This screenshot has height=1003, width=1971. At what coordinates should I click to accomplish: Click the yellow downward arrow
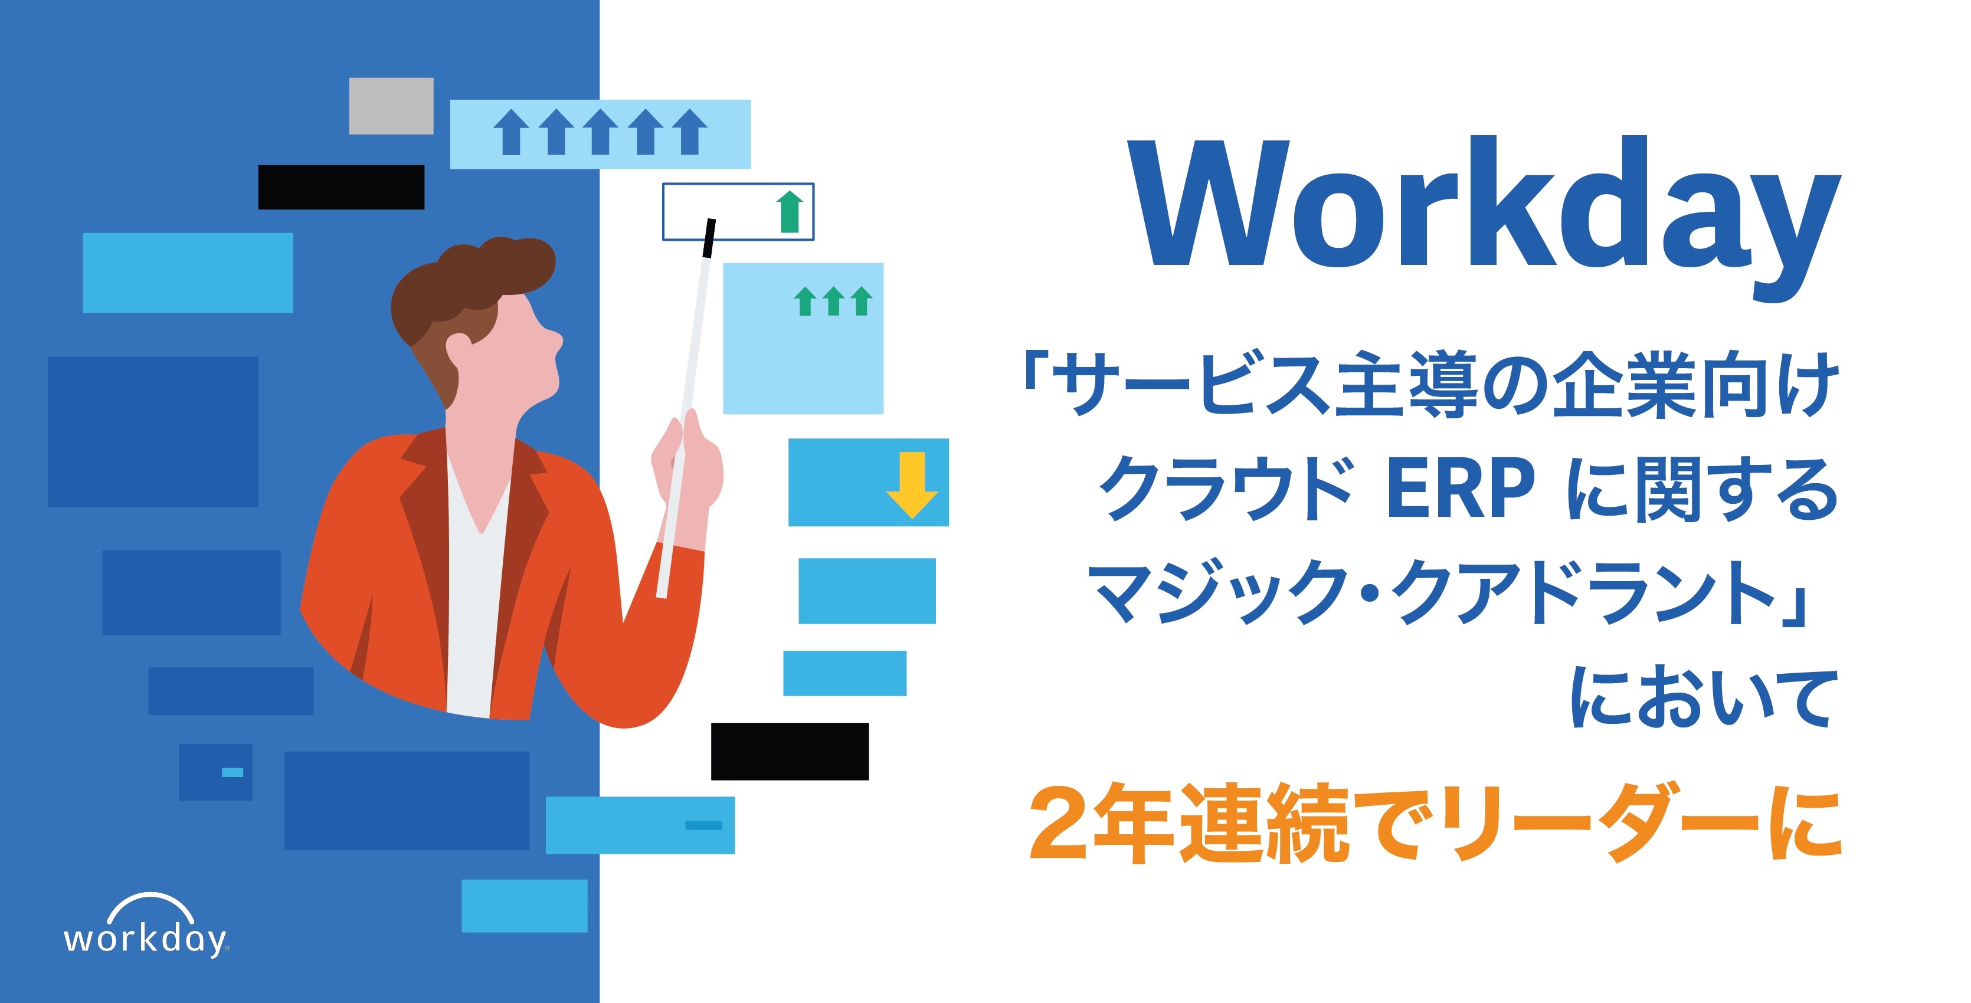click(912, 485)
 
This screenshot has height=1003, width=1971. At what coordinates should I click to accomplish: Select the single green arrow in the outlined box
click(790, 211)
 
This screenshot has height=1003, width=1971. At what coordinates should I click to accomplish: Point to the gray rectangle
click(391, 106)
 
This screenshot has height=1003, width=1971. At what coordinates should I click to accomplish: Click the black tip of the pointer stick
click(709, 238)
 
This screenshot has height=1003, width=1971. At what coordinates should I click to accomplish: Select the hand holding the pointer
click(686, 459)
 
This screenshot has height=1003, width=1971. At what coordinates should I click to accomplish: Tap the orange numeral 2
click(1060, 823)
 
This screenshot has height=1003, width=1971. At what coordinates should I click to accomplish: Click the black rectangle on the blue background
click(341, 186)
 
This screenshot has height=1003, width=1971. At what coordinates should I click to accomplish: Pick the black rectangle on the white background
click(790, 751)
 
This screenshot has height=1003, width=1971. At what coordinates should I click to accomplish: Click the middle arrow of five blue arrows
click(600, 132)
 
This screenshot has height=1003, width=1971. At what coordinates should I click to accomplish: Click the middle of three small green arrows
click(833, 301)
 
